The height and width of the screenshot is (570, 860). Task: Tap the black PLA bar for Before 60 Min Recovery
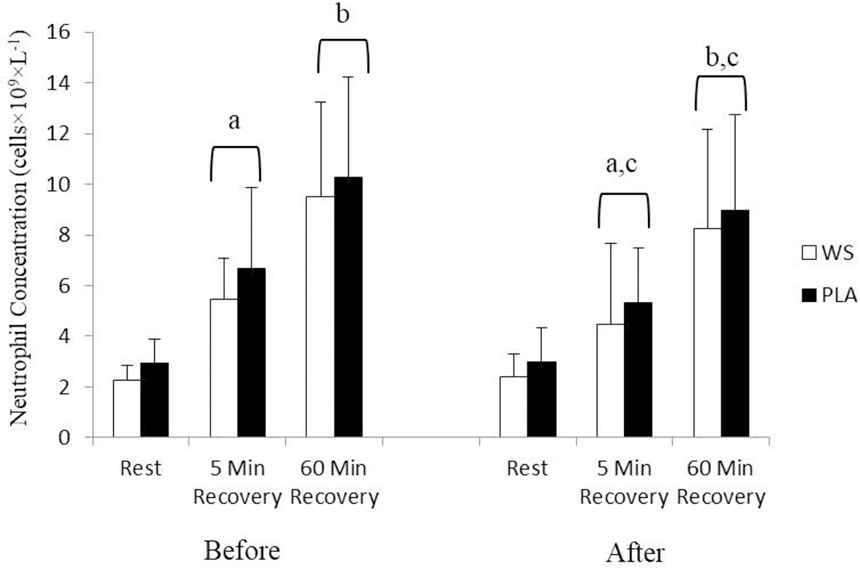coord(348,307)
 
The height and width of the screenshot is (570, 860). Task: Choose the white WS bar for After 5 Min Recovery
coord(610,381)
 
